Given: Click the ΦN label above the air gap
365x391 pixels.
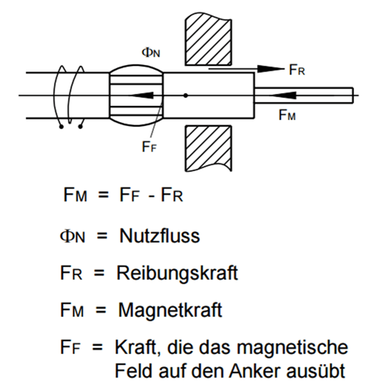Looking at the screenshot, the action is [x=151, y=52].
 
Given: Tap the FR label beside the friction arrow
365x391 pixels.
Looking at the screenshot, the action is [x=297, y=70].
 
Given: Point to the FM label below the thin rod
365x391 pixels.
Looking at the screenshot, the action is [x=287, y=115].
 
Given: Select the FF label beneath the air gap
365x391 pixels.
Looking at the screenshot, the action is [x=149, y=146].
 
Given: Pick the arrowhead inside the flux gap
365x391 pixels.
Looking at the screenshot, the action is [x=141, y=95].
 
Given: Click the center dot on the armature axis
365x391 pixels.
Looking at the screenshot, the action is [x=185, y=95].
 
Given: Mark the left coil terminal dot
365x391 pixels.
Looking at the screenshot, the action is [x=61, y=127].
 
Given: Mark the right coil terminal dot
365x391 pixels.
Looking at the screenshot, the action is [x=81, y=127].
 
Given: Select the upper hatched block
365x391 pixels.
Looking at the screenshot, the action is [x=208, y=39].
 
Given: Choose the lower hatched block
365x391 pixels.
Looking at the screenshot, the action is [x=208, y=148].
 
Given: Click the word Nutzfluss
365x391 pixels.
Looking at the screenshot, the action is [x=160, y=236].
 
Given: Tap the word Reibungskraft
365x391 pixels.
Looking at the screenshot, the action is [x=177, y=273].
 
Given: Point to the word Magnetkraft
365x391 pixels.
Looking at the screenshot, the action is [x=170, y=310].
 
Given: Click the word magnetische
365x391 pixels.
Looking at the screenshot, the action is [x=292, y=347].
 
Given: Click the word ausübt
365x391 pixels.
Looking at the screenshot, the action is [x=316, y=371].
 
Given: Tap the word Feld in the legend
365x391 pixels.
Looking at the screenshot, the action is [x=133, y=371].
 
